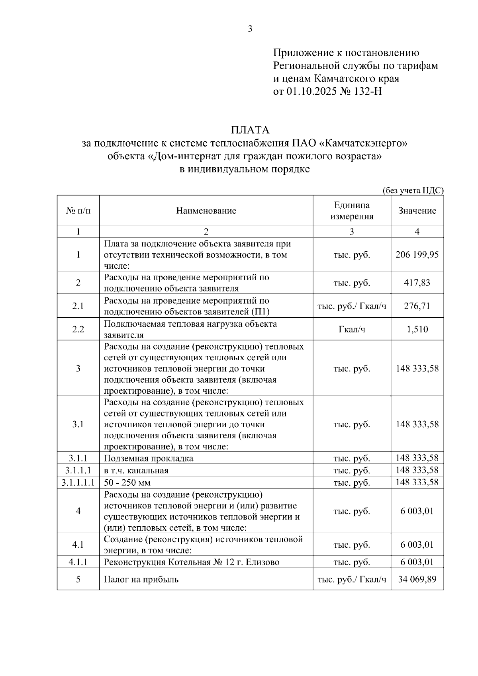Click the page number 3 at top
pos(250,29)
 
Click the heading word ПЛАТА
pos(250,130)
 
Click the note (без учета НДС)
pos(413,191)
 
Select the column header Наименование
pos(206,211)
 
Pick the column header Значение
pos(417,211)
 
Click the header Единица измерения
pos(352,211)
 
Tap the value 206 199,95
pos(417,254)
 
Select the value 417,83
pos(417,283)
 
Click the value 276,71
pos(417,306)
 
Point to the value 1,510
pos(417,329)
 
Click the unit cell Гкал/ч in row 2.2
pos(352,329)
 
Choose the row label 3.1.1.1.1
pos(78,483)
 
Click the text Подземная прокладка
pos(149,458)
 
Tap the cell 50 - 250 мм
pos(127,483)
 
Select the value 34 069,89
pos(417,579)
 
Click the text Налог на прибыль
pos(141,579)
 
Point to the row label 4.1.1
pos(78,562)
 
